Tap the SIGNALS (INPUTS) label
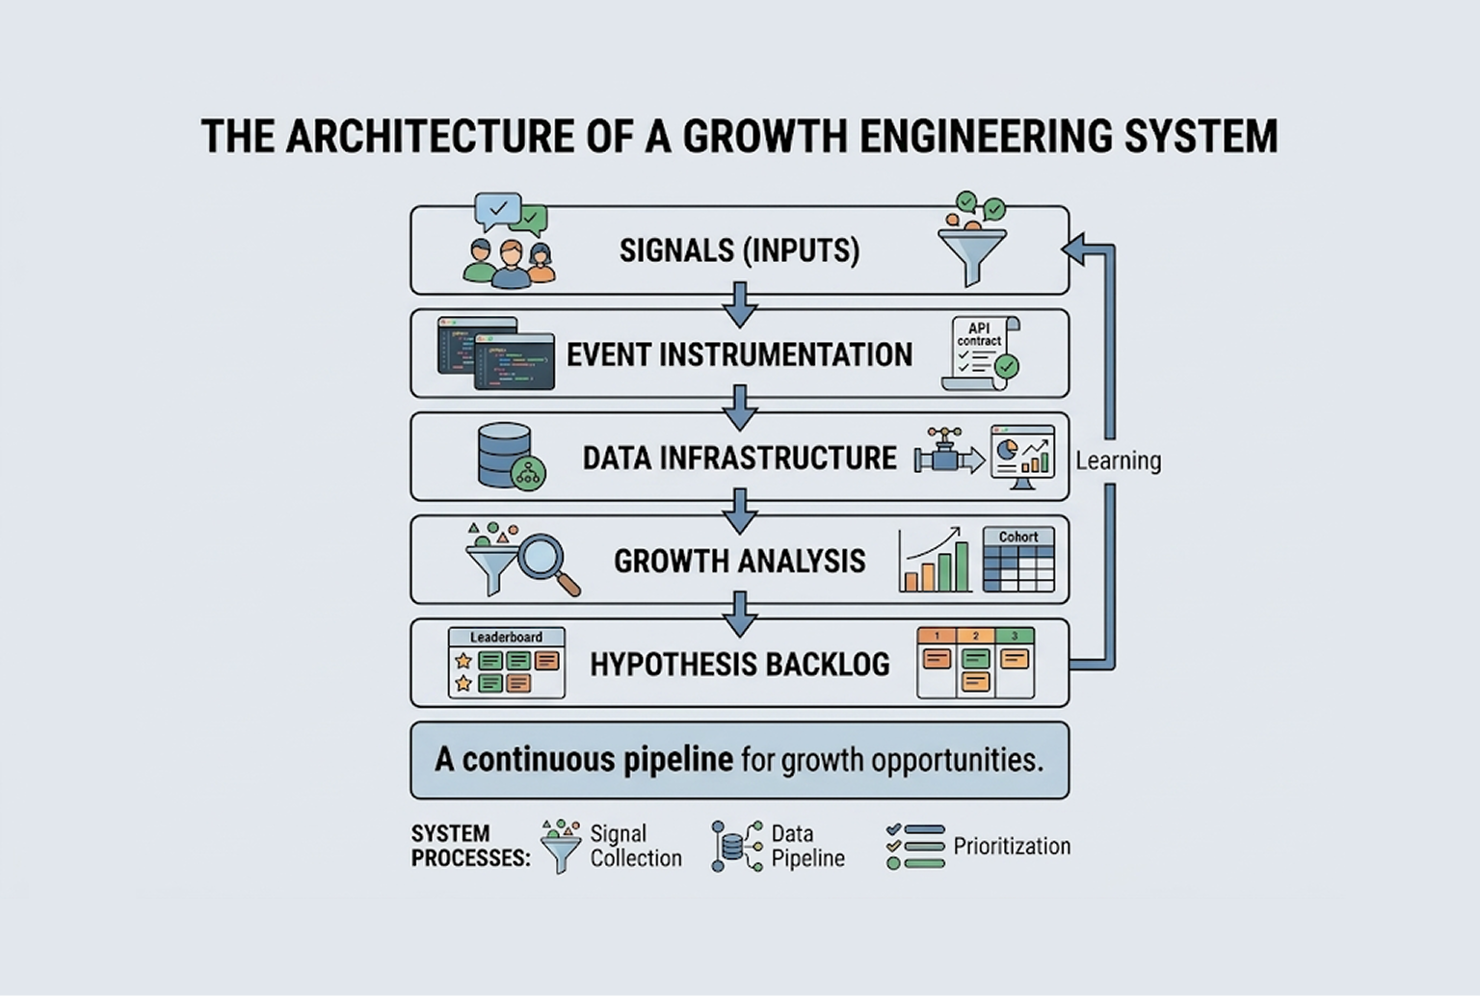[739, 250]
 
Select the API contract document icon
[981, 354]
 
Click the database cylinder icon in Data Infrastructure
[505, 455]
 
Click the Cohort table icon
[1018, 559]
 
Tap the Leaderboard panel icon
[507, 663]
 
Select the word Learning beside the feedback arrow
[1118, 460]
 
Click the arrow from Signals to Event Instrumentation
[740, 304]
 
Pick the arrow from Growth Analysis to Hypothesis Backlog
[740, 614]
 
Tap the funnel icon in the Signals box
[972, 249]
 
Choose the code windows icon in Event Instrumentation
[496, 354]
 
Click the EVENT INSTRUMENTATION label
[739, 354]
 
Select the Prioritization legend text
[1012, 846]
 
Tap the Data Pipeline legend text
[807, 846]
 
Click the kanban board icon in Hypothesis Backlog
[975, 663]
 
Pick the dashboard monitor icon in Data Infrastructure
[1022, 457]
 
